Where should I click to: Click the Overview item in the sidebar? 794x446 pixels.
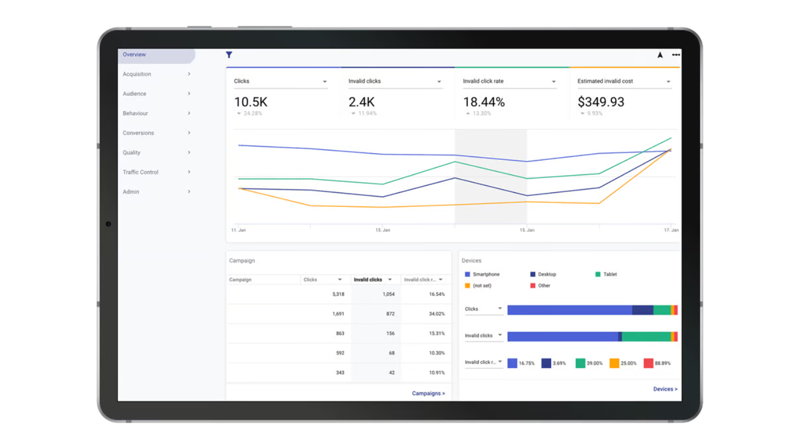tap(135, 55)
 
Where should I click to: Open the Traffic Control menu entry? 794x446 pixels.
tap(141, 172)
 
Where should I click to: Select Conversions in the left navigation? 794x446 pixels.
tap(138, 133)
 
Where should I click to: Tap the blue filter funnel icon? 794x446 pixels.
tap(229, 55)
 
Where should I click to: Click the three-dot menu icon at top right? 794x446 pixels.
tap(676, 55)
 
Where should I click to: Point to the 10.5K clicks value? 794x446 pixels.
tap(251, 102)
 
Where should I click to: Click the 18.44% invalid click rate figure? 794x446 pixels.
tap(484, 102)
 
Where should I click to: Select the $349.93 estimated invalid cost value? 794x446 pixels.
tap(601, 102)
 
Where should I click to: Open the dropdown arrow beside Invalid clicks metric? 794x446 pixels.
tap(439, 82)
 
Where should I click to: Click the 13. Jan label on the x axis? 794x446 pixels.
tap(382, 230)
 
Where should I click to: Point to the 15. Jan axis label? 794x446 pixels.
tap(527, 230)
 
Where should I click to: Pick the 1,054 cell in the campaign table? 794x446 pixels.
tap(389, 294)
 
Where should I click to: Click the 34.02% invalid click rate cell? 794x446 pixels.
tap(437, 314)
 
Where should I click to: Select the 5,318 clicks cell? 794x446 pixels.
tap(338, 294)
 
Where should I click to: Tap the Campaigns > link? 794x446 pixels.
tap(428, 393)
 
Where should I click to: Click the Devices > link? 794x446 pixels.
tap(665, 389)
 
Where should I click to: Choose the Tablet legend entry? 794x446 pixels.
tap(606, 274)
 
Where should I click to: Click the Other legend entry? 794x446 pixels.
tap(540, 285)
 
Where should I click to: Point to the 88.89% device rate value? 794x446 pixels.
tap(662, 363)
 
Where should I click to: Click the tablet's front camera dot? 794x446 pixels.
tap(108, 224)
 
